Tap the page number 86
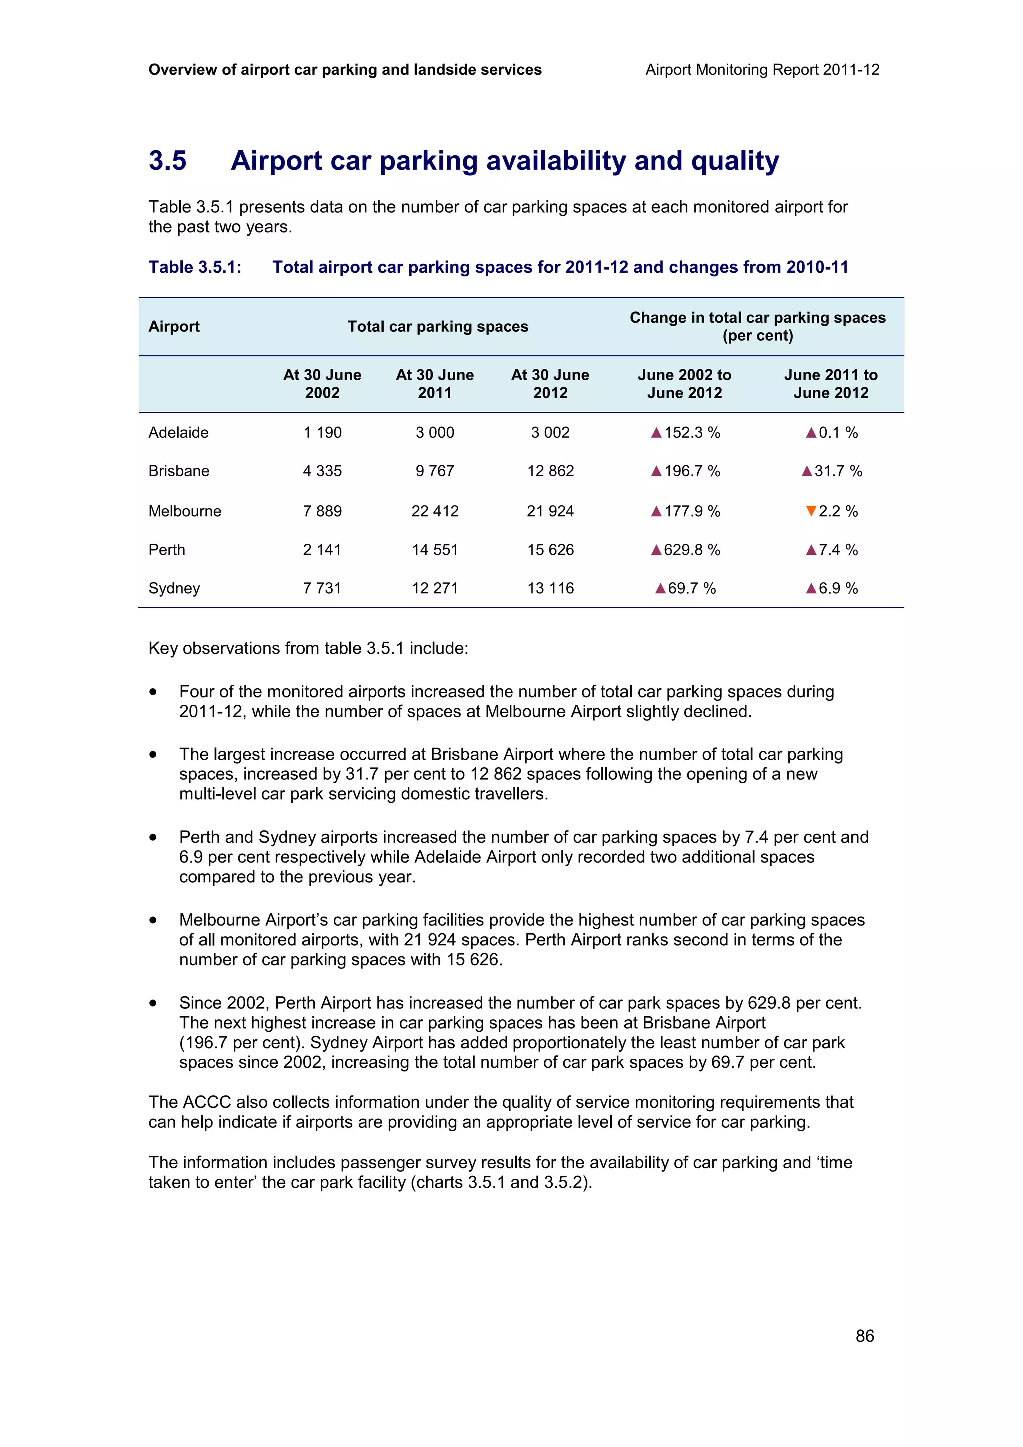click(x=864, y=1336)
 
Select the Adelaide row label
click(x=178, y=432)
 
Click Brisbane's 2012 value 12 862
click(x=550, y=471)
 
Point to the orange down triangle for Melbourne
click(x=811, y=511)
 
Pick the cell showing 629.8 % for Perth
click(x=685, y=550)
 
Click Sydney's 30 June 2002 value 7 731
click(x=322, y=588)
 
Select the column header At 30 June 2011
click(x=434, y=384)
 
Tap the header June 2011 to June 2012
click(x=830, y=384)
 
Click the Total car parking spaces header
click(x=438, y=327)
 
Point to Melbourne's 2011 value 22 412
click(x=434, y=511)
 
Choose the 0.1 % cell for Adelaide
click(x=831, y=432)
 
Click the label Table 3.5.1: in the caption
click(x=195, y=267)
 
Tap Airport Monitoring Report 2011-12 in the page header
click(x=762, y=70)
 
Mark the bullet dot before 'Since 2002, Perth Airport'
click(x=153, y=1003)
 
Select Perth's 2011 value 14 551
click(x=434, y=550)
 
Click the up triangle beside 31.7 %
click(x=806, y=471)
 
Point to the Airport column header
click(x=174, y=327)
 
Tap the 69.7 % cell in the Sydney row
click(x=685, y=588)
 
